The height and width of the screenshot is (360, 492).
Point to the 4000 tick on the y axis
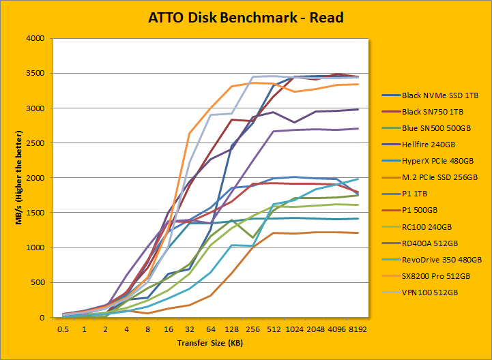34,38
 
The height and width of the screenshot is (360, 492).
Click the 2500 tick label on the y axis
34,143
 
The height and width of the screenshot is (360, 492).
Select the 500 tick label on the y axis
37,282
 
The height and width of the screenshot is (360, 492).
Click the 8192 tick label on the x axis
357,329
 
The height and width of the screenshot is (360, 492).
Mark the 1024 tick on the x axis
294,329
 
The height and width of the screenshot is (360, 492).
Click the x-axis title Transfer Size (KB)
210,343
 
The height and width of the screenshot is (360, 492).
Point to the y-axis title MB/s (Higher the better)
15,178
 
